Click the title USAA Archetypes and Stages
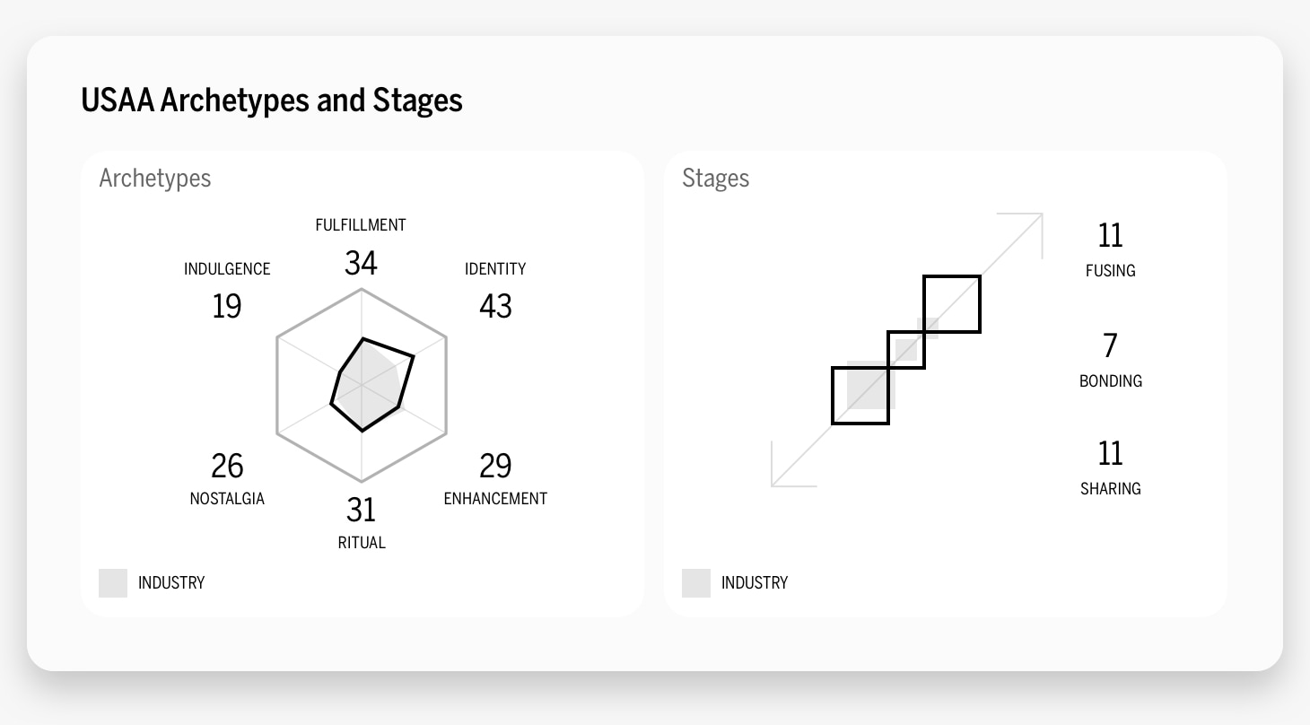click(x=272, y=100)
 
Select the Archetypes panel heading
click(x=155, y=178)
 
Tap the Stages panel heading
click(x=715, y=178)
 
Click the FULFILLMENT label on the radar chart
click(x=361, y=225)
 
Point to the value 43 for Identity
click(x=495, y=306)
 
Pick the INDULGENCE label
click(x=227, y=269)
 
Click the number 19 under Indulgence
click(x=227, y=306)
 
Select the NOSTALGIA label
click(x=227, y=499)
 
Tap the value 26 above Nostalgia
click(x=227, y=466)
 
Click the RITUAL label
click(x=362, y=543)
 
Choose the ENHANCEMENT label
click(x=495, y=499)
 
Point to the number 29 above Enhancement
click(x=495, y=466)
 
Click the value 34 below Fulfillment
click(x=361, y=263)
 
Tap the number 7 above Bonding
click(x=1110, y=345)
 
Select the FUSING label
click(x=1110, y=271)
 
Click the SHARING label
click(x=1110, y=489)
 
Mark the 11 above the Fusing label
click(x=1110, y=235)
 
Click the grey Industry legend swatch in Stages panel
click(x=696, y=583)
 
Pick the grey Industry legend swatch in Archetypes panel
click(x=113, y=583)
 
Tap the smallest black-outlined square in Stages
click(x=906, y=350)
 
